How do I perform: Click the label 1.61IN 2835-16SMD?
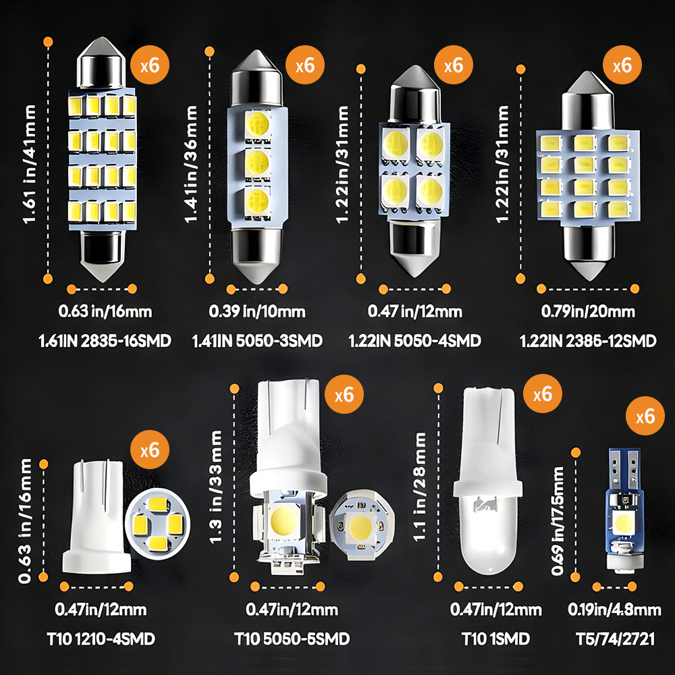(x=105, y=341)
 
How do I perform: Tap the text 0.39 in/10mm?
(x=256, y=312)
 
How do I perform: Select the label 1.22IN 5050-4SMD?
(x=414, y=341)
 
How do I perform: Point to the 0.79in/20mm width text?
(x=588, y=312)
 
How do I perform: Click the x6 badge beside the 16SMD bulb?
(x=149, y=65)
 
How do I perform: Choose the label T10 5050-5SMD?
(x=292, y=639)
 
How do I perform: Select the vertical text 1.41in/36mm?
(x=193, y=165)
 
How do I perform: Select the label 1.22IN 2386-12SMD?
(x=588, y=341)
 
